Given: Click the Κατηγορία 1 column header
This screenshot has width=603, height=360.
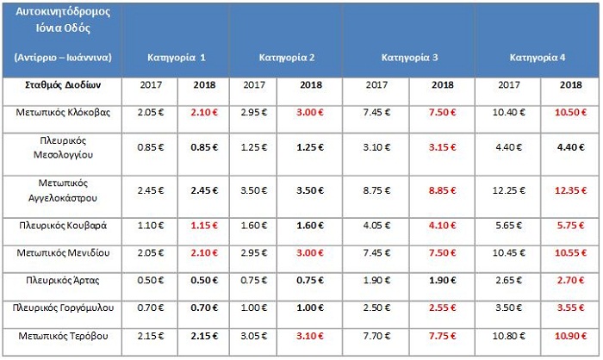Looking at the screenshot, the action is pyautogui.click(x=177, y=58).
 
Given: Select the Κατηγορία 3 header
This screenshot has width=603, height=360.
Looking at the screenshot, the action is pyautogui.click(x=409, y=58).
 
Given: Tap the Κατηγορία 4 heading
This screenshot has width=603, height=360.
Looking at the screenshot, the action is pyautogui.click(x=538, y=58).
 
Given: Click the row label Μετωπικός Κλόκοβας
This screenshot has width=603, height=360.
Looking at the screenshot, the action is pyautogui.click(x=63, y=112).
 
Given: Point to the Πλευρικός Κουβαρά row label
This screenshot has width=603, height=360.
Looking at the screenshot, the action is pyautogui.click(x=63, y=226).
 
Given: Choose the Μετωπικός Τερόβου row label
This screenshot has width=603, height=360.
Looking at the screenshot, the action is pyautogui.click(x=63, y=336).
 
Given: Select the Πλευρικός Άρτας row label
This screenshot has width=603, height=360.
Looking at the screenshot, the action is pyautogui.click(x=63, y=280).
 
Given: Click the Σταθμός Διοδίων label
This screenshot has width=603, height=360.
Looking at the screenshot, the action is pyautogui.click(x=63, y=84).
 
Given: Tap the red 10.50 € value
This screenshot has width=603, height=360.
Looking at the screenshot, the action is pyautogui.click(x=570, y=112).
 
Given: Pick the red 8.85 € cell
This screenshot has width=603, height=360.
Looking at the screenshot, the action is pyautogui.click(x=443, y=190).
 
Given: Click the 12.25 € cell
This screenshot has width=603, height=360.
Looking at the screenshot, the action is pyautogui.click(x=509, y=190).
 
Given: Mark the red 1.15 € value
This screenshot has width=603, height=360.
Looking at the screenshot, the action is pyautogui.click(x=204, y=226).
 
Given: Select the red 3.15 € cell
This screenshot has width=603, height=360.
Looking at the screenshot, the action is pyautogui.click(x=443, y=147).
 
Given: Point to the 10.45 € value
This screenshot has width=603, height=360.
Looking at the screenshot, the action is pyautogui.click(x=509, y=252).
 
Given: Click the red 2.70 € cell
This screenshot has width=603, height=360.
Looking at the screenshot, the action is pyautogui.click(x=570, y=280).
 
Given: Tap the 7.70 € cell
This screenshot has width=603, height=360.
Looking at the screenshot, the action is pyautogui.click(x=377, y=336).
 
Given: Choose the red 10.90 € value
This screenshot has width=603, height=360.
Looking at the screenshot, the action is pyautogui.click(x=570, y=336).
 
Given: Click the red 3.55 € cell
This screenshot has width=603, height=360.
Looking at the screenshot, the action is pyautogui.click(x=570, y=307).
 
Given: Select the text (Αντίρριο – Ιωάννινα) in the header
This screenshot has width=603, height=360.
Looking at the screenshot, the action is pyautogui.click(x=63, y=58).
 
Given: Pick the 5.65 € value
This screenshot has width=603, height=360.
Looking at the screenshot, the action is pyautogui.click(x=509, y=226).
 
